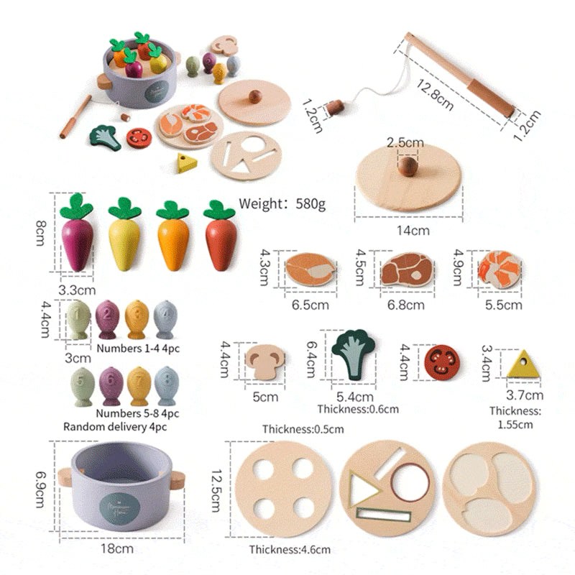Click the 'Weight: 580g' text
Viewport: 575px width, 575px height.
[x=282, y=203]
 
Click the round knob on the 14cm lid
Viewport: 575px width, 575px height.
[x=408, y=167]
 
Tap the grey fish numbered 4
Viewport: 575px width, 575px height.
[x=165, y=319]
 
